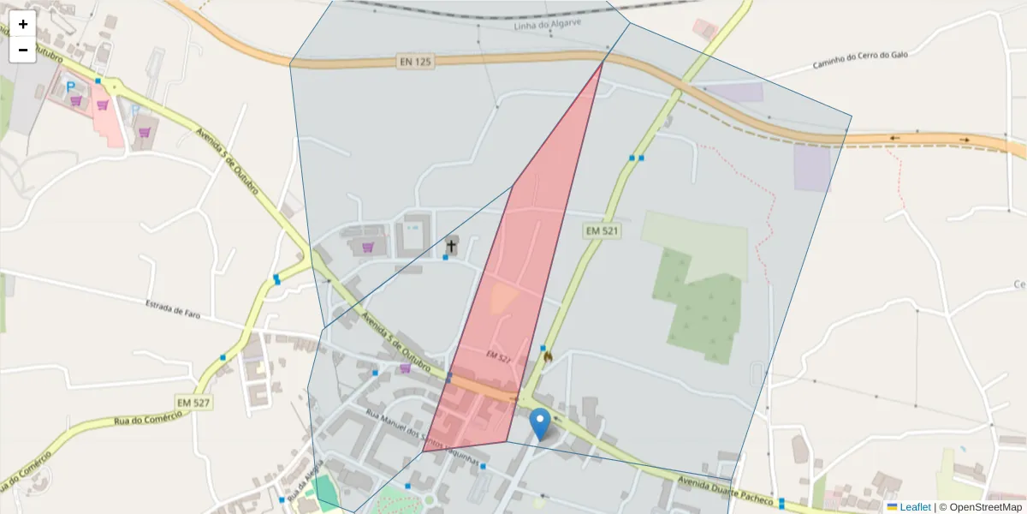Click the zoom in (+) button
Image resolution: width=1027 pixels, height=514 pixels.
click(23, 24)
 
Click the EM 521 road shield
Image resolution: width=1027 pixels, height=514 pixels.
click(602, 230)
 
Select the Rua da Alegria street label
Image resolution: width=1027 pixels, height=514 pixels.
click(306, 481)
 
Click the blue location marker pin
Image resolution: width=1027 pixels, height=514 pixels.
click(540, 423)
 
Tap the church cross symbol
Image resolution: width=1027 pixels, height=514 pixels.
click(451, 247)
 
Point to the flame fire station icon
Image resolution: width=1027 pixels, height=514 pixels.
click(547, 355)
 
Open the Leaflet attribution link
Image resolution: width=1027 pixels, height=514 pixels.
click(914, 507)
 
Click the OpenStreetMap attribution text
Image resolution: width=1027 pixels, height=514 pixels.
click(982, 507)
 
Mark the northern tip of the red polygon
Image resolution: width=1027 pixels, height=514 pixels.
click(603, 62)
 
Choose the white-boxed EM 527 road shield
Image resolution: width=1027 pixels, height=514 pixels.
click(193, 403)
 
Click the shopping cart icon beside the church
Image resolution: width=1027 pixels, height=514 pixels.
click(368, 248)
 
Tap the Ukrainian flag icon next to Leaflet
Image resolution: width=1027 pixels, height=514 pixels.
click(892, 507)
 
